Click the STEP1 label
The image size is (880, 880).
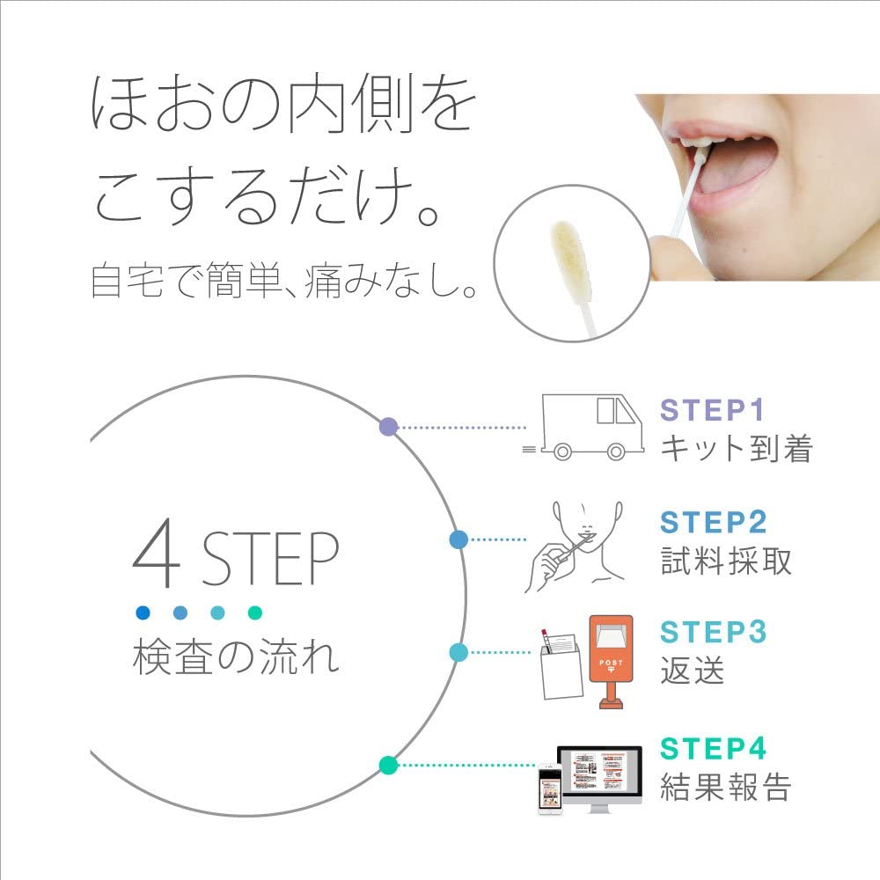tap(713, 411)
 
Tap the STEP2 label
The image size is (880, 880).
tap(714, 522)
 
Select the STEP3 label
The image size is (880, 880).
tap(714, 633)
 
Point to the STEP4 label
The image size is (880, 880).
tap(714, 748)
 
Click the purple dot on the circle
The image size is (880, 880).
tap(387, 427)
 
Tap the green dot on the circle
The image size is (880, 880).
tap(385, 765)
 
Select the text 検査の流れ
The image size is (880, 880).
tap(236, 658)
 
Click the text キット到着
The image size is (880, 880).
tap(736, 449)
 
